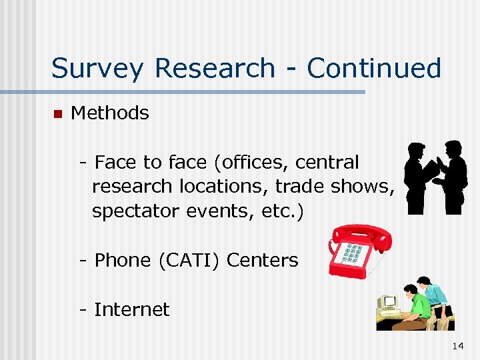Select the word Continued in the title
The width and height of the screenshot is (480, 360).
pos(374,68)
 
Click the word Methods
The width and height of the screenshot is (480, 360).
pos(109,113)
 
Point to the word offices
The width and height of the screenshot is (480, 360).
pos(257,163)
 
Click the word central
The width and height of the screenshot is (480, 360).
pos(327,163)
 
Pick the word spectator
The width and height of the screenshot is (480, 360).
pos(136,212)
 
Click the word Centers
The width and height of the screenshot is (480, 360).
pos(262,260)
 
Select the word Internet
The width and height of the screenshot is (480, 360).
pos(132,309)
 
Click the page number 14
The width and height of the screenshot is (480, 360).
pos(457,346)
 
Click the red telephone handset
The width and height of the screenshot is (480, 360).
pos(363,236)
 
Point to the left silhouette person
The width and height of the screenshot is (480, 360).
pos(419,177)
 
